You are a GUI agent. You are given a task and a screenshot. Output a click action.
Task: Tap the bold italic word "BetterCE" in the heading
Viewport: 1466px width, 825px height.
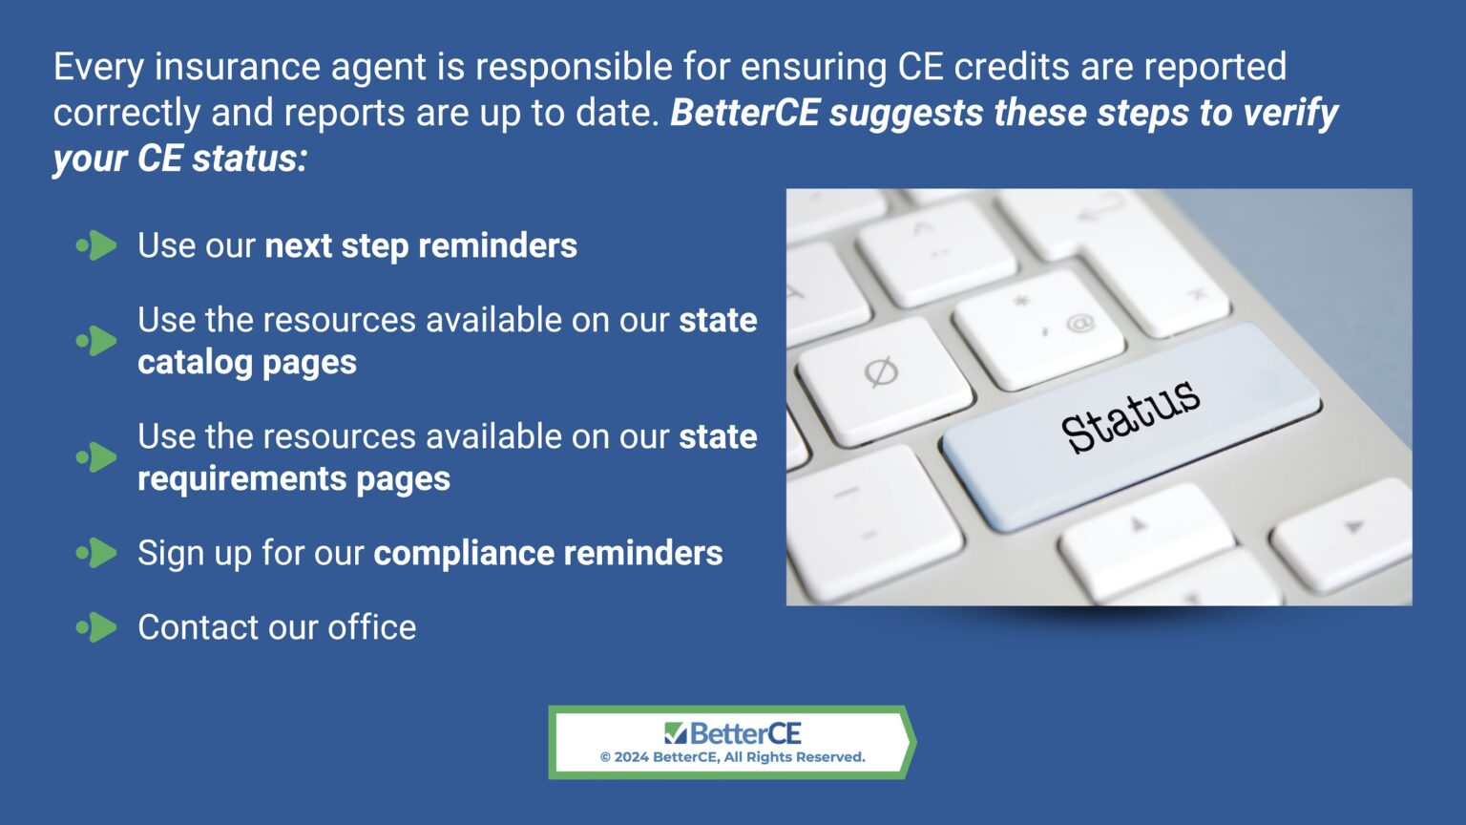pyautogui.click(x=744, y=113)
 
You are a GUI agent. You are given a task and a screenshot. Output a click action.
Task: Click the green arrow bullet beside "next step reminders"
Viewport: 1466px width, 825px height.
pyautogui.click(x=96, y=245)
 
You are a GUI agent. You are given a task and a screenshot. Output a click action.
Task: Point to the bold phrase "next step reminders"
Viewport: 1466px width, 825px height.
pyautogui.click(x=421, y=245)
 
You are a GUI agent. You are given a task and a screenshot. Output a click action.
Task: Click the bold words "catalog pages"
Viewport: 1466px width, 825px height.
pyautogui.click(x=247, y=362)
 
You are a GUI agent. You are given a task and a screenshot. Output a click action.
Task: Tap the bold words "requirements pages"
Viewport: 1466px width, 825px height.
pyautogui.click(x=294, y=478)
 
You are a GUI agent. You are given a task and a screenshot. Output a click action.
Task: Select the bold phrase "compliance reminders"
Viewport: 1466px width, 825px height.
pyautogui.click(x=548, y=553)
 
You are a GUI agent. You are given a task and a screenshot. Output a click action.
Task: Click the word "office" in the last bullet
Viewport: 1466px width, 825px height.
pyautogui.click(x=372, y=627)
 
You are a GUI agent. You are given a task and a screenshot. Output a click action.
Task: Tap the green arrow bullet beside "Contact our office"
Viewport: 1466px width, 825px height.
pyautogui.click(x=96, y=627)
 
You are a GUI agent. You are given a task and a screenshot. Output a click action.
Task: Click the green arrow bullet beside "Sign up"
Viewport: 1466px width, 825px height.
pyautogui.click(x=96, y=553)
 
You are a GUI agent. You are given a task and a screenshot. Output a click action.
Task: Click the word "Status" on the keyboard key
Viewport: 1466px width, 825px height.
pyautogui.click(x=1130, y=415)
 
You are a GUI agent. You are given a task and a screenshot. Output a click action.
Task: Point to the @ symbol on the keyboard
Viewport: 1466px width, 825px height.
pyautogui.click(x=1079, y=323)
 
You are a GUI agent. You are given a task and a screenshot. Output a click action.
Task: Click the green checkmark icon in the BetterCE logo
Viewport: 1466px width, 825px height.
pyautogui.click(x=675, y=733)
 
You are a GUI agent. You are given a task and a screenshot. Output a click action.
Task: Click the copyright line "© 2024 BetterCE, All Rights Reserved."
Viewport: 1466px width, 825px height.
pyautogui.click(x=732, y=757)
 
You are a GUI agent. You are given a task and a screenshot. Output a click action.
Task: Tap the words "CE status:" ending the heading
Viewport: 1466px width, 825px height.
pyautogui.click(x=222, y=159)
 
